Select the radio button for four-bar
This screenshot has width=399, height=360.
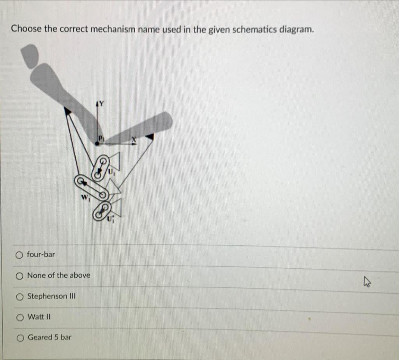coord(19,255)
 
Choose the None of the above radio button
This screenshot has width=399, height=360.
coord(19,276)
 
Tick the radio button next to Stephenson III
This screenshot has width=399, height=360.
coord(19,297)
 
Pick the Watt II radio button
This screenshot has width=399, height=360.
coord(19,317)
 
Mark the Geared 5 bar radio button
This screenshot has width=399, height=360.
coord(19,338)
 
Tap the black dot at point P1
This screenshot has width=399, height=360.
coord(97,144)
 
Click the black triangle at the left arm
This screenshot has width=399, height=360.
coord(68,111)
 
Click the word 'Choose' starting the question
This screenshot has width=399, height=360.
coord(26,29)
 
